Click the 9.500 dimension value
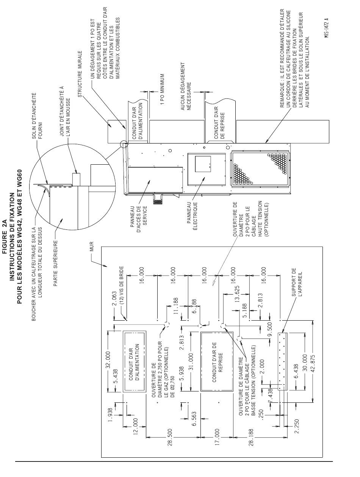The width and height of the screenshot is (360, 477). [270, 332]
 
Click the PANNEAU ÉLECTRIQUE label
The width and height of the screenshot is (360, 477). [192, 216]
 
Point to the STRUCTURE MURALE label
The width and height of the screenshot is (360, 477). [80, 74]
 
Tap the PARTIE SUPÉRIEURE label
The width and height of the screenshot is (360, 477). [55, 263]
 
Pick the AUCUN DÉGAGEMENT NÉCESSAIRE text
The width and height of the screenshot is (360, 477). [186, 86]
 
